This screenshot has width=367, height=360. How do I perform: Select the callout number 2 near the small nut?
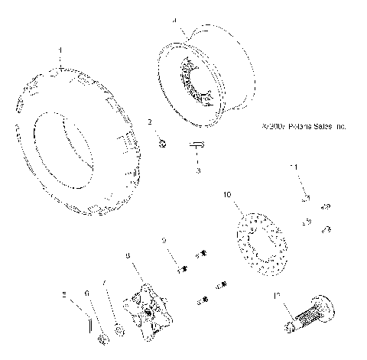coord(151,122)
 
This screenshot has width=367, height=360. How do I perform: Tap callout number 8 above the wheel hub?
coord(128,255)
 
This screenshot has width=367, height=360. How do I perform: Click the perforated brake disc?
coord(258,245)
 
